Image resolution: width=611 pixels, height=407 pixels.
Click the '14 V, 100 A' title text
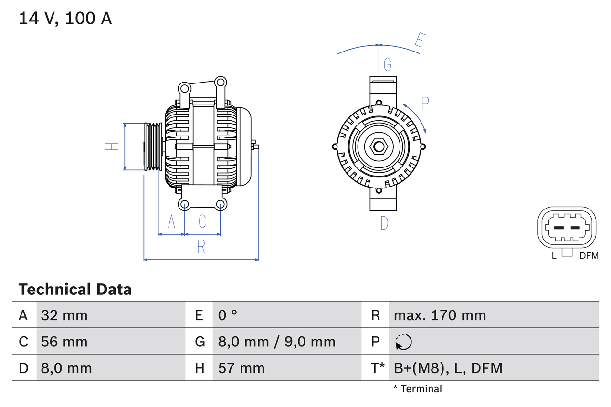coord(65,19)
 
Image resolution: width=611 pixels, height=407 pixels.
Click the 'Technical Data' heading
coord(75,290)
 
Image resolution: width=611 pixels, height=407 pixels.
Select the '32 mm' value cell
coord(64,315)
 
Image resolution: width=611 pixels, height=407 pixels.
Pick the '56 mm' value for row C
coord(64,342)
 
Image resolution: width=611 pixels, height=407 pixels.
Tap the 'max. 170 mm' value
coord(440,315)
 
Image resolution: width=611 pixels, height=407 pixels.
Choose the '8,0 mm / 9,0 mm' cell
coord(277,342)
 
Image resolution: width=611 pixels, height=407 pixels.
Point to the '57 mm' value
coord(241,368)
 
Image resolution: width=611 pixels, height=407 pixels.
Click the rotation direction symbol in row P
coord(403,342)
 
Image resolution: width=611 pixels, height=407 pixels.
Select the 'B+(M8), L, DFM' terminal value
coord(448,368)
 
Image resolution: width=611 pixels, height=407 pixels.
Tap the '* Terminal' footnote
coord(418,389)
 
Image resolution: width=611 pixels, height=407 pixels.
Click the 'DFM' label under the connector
coord(589,256)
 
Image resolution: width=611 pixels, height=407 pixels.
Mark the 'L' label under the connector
coord(554,256)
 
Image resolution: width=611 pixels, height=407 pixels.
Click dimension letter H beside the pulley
coord(112,146)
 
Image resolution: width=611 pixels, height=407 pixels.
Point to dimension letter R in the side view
coord(201,247)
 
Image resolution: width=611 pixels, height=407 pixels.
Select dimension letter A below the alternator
coord(171,221)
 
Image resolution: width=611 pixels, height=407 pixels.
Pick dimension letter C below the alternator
coord(202,221)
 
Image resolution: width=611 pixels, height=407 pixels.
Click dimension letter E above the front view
coord(419,40)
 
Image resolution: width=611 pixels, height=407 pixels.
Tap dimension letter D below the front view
coord(384,222)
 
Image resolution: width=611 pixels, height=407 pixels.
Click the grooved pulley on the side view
coord(153,146)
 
